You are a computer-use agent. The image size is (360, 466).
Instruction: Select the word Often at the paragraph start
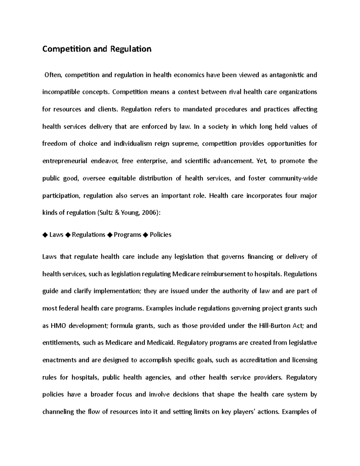pyautogui.click(x=53, y=75)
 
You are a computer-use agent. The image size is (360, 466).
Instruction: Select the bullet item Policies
pyautogui.click(x=160, y=235)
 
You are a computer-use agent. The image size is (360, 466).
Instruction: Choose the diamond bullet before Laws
pyautogui.click(x=45, y=235)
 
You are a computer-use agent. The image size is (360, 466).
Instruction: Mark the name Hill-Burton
pyautogui.click(x=274, y=326)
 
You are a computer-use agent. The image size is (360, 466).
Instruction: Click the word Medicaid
pyautogui.click(x=160, y=343)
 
